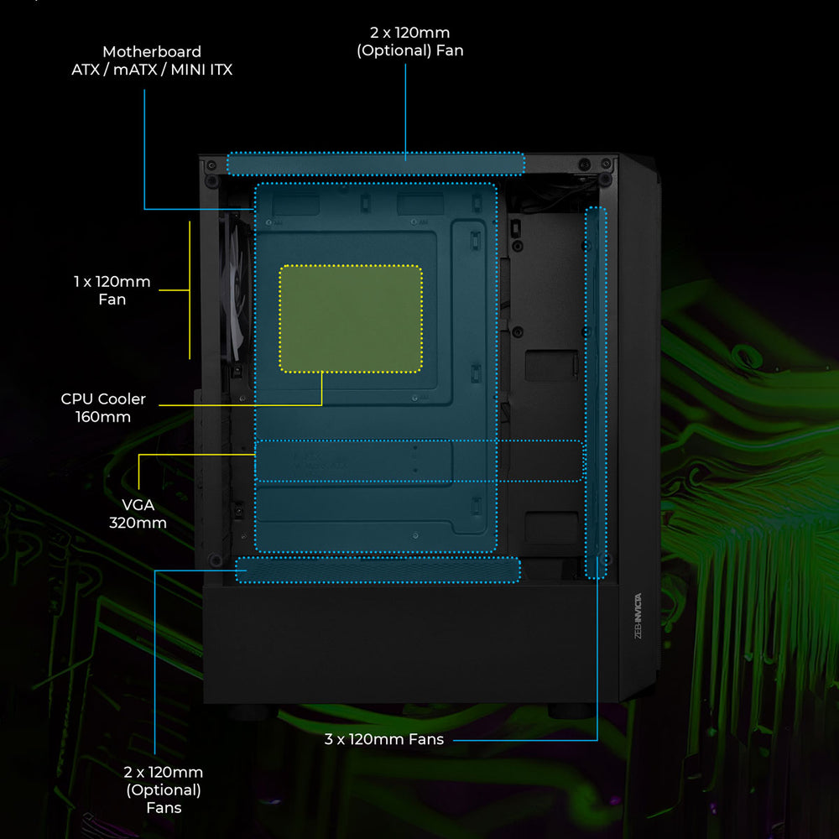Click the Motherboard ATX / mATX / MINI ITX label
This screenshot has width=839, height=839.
(152, 60)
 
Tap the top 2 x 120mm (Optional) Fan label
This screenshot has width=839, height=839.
(409, 41)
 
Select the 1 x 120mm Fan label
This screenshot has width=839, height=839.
(112, 290)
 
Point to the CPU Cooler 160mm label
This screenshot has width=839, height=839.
(103, 408)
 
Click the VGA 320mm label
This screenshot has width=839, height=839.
(138, 514)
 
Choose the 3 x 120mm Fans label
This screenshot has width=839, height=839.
(384, 739)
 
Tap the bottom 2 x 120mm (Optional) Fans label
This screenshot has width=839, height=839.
(164, 789)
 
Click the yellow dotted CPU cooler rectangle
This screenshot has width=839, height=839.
(350, 319)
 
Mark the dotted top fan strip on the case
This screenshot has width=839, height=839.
(376, 164)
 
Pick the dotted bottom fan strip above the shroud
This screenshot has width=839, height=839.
(378, 569)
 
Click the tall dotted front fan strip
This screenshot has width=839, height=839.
(596, 393)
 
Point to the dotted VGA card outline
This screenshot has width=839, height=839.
(418, 461)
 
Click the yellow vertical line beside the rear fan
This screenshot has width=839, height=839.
(190, 289)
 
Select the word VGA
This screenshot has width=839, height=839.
(138, 505)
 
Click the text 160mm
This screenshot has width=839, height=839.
(103, 417)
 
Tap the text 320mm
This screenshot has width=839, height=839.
(138, 524)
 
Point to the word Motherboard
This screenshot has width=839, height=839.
(152, 52)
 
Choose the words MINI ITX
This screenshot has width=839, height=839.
(201, 70)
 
